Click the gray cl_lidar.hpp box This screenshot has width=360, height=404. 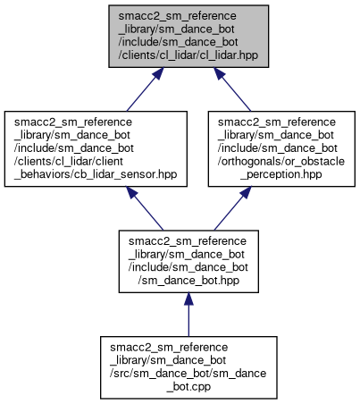(x=188, y=36)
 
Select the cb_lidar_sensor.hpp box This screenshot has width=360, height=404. (x=96, y=149)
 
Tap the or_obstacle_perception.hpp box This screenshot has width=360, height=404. (x=281, y=149)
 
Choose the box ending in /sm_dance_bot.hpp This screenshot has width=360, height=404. (x=188, y=261)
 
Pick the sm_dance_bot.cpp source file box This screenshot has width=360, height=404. (x=188, y=367)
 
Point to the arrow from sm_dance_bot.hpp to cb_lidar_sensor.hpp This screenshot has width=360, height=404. (x=145, y=208)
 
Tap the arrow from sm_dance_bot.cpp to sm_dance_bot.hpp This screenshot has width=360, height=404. (x=188, y=315)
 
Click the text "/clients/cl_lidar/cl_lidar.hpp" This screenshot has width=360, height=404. (x=188, y=55)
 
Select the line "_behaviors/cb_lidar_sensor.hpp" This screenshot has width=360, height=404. (x=96, y=174)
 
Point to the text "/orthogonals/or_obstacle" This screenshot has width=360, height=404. (x=281, y=161)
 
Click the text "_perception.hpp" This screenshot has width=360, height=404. (x=281, y=174)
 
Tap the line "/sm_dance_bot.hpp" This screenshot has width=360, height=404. (x=188, y=281)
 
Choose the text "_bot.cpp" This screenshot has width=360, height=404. (x=188, y=387)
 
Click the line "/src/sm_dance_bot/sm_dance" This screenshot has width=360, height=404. (x=188, y=374)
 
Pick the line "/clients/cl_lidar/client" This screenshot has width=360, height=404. (x=69, y=161)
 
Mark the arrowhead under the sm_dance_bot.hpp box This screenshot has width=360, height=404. (x=188, y=299)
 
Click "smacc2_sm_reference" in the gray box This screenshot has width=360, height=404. (x=177, y=16)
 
